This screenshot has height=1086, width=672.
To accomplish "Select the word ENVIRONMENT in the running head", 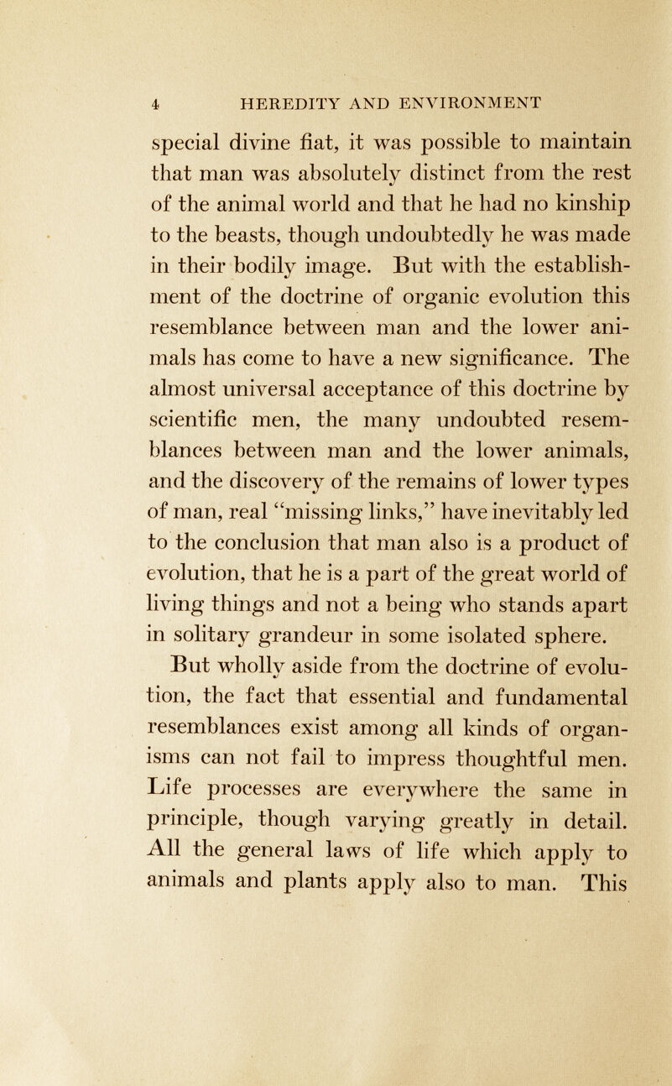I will (474, 104).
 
